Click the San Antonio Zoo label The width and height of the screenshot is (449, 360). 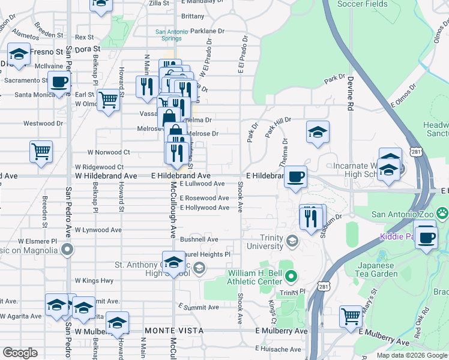(403, 214)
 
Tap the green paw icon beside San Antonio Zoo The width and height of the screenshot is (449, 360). (442, 213)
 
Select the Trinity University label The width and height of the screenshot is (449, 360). (263, 242)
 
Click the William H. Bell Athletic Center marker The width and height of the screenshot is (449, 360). (292, 277)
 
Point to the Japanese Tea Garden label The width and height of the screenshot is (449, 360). (378, 269)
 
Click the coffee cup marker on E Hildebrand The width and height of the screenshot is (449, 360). (295, 177)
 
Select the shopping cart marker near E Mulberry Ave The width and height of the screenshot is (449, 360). (351, 316)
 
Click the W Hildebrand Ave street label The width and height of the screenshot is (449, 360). (106, 176)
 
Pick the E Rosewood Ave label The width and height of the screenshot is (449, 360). (204, 198)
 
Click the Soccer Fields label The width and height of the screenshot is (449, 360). (362, 4)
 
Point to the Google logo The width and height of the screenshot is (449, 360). (20, 353)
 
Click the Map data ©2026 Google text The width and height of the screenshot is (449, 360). (411, 355)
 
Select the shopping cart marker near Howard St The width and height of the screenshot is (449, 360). (108, 100)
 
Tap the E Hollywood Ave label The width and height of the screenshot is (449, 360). (204, 208)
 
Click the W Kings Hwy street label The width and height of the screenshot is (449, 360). (94, 280)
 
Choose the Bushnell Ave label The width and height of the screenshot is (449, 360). (203, 239)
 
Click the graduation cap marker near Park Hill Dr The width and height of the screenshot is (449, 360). (318, 133)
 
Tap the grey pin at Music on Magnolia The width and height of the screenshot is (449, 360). (67, 248)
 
